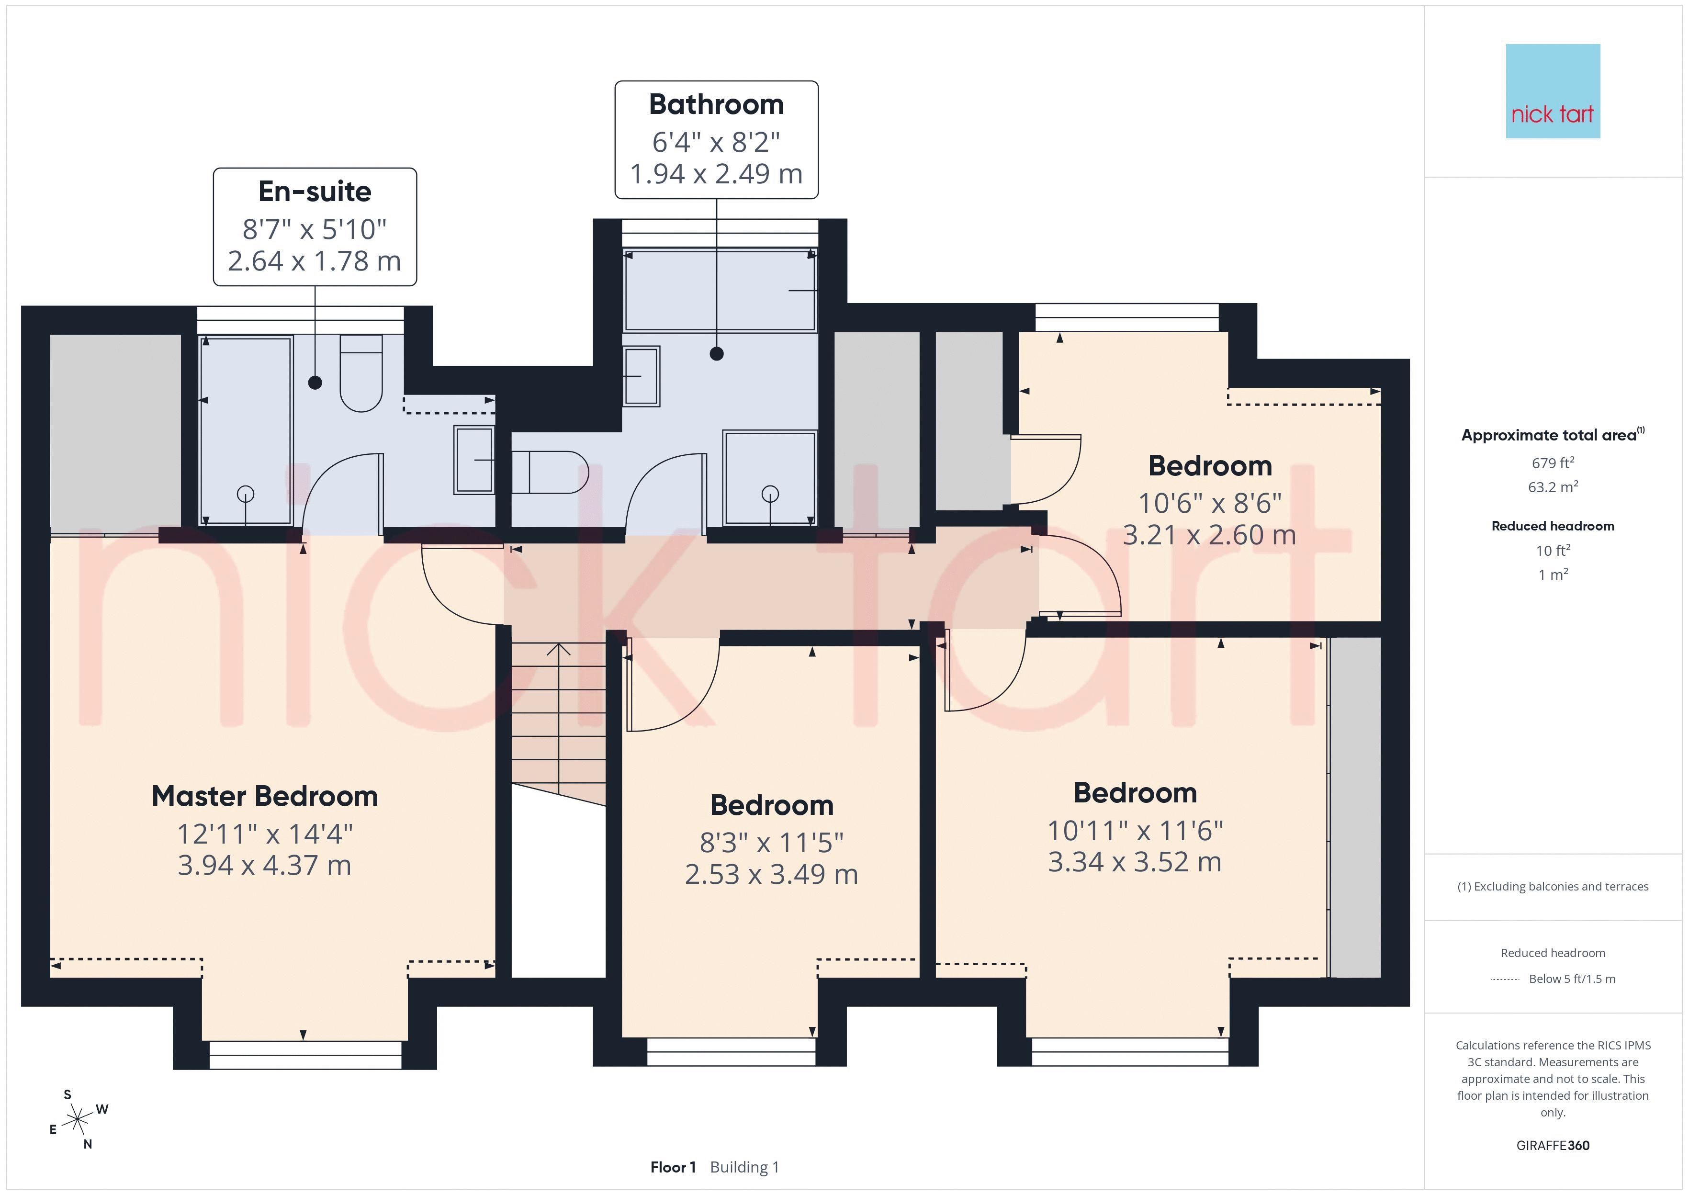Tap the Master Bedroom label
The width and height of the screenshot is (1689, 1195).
265,796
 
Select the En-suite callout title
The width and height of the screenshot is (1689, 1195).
315,192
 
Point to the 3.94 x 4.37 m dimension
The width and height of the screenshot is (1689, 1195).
265,865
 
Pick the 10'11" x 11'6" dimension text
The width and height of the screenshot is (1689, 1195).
1135,831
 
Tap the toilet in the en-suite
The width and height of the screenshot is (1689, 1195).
361,373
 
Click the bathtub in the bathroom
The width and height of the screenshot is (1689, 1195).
720,291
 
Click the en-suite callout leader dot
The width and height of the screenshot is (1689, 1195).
315,383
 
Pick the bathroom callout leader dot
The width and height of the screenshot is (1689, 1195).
717,354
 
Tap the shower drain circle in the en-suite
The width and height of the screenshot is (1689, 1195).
246,495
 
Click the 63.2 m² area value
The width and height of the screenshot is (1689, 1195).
1553,487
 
